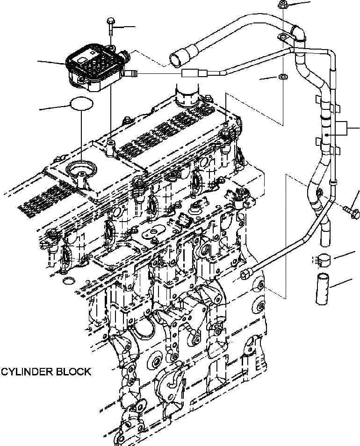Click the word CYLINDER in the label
(27, 372)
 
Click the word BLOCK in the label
(73, 372)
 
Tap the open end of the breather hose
(175, 60)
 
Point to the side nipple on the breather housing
(133, 73)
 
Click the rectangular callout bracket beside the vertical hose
(344, 128)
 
